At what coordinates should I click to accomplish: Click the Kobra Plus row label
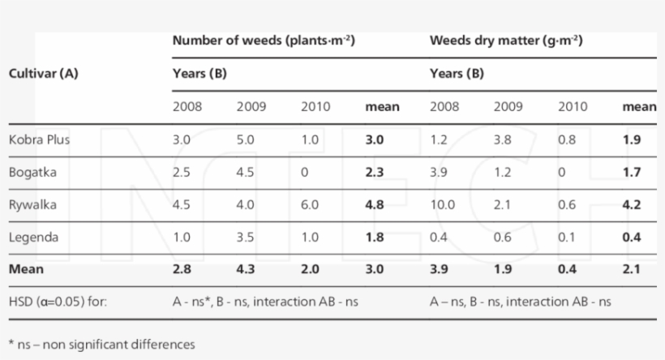(x=39, y=139)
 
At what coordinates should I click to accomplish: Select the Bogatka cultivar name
(x=31, y=172)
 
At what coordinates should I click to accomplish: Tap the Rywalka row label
(x=31, y=204)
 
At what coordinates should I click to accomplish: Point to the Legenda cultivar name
(x=32, y=237)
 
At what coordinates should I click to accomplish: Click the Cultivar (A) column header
(x=43, y=73)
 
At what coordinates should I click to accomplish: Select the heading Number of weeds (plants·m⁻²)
(x=265, y=40)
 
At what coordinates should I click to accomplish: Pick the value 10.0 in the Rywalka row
(x=443, y=204)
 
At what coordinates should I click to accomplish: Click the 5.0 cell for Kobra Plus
(x=245, y=139)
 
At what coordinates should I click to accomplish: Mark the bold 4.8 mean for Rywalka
(x=375, y=204)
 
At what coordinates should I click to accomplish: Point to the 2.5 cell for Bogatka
(x=181, y=172)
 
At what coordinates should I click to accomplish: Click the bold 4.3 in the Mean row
(x=246, y=269)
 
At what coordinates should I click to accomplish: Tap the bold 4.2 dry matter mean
(x=632, y=204)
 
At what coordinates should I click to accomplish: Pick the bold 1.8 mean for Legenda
(x=375, y=237)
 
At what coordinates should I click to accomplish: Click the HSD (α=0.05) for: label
(x=54, y=302)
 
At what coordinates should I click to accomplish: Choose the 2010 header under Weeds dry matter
(x=572, y=106)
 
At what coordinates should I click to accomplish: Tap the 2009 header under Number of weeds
(x=251, y=106)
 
